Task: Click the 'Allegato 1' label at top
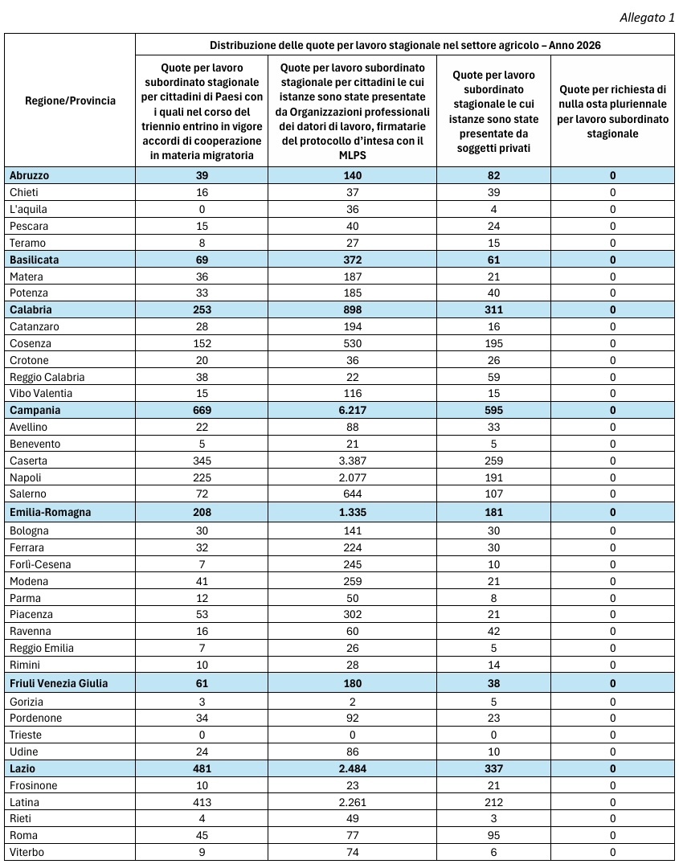(x=647, y=18)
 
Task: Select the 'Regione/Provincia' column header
(x=70, y=100)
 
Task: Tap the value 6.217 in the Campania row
(x=352, y=410)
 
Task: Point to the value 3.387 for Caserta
(x=352, y=461)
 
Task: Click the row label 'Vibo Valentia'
(x=41, y=393)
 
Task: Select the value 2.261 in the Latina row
(x=352, y=802)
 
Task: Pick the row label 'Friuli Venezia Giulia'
(x=59, y=683)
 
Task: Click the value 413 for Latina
(x=202, y=802)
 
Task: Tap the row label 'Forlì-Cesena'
(x=40, y=564)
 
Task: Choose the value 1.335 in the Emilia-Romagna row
(x=352, y=512)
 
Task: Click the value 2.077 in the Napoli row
(x=352, y=477)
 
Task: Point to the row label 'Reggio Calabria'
(x=47, y=377)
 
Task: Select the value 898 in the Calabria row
(x=352, y=309)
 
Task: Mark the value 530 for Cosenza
(x=352, y=343)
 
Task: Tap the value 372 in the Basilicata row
(x=352, y=260)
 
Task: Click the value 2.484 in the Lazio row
(x=352, y=768)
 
